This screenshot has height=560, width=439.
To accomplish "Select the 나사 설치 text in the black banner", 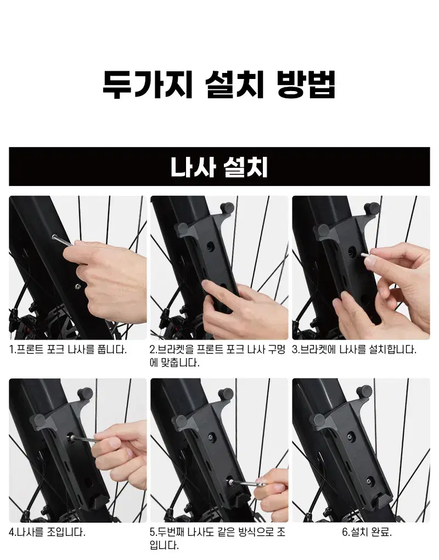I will (219, 167).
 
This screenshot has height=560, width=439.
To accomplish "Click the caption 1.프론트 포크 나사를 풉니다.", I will (68, 349).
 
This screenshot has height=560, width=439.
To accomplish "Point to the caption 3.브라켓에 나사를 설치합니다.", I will (354, 349).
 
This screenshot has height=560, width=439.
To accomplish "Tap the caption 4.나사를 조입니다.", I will (47, 531).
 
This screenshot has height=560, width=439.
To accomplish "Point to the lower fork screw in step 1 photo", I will (77, 286).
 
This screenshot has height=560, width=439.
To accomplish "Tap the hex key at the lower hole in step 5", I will (247, 483).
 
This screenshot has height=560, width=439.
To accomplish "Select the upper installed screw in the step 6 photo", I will (350, 435).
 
